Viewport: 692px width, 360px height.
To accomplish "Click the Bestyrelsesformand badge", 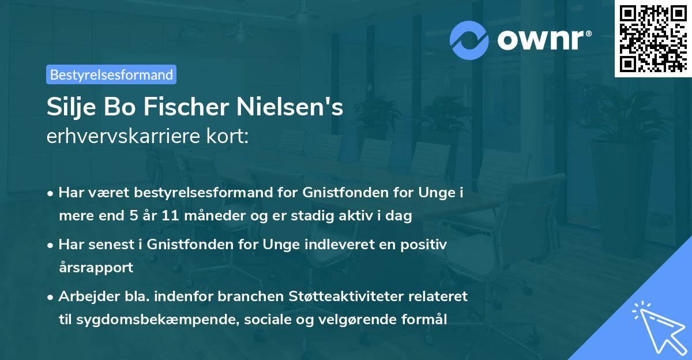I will (111, 74).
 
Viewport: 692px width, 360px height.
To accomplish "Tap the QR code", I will (652, 38).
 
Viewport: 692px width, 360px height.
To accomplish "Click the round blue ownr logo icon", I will (469, 40).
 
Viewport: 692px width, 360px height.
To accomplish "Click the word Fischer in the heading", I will (183, 107).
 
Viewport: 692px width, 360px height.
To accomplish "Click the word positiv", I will (427, 245).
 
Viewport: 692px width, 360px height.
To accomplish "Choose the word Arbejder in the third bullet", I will (83, 297).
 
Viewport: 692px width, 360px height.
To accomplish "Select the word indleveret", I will (334, 245).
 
